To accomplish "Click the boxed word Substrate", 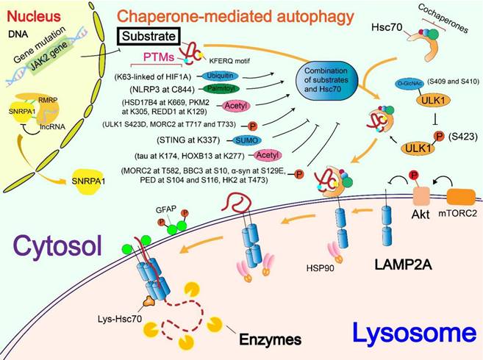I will pos(147,35).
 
